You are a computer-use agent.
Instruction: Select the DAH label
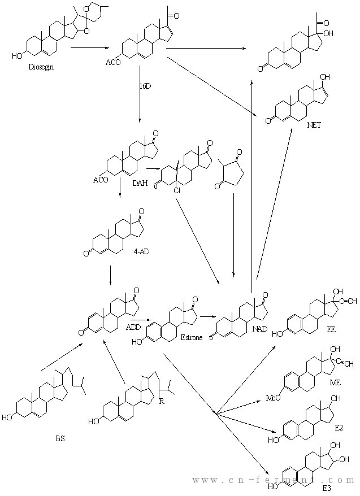coord(139,182)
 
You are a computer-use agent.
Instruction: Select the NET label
coord(314,125)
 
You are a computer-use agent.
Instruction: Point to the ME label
coord(336,382)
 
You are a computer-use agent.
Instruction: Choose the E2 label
coord(339,428)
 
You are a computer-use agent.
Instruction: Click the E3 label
coord(327,486)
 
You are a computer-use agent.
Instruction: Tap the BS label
coord(60,438)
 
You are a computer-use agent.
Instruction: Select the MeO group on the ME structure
coord(274,398)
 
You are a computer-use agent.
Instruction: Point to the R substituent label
coord(162,401)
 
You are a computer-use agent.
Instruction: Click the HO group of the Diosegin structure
coord(17,56)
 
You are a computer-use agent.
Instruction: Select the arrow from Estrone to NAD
coord(207,317)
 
